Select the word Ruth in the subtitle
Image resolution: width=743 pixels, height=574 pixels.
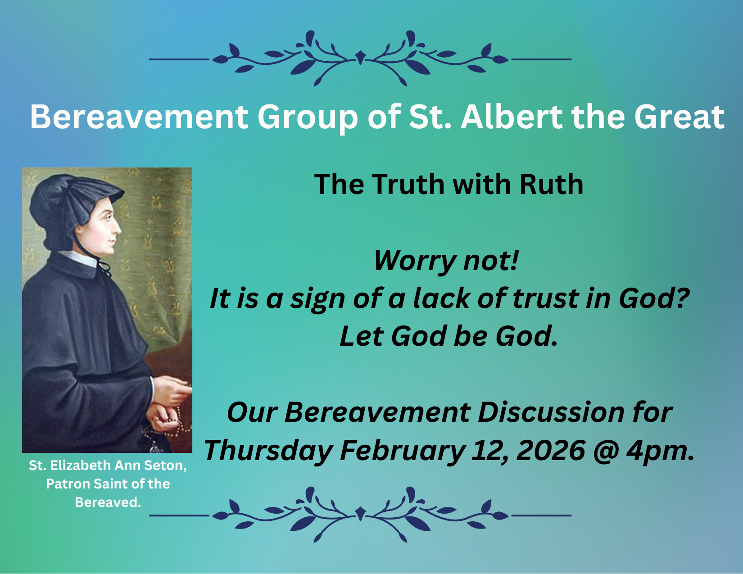coord(551,184)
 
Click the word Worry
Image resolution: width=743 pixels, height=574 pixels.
coord(414,261)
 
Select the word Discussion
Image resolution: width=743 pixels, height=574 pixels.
coord(551,412)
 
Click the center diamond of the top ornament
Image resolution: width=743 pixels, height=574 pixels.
coord(360,57)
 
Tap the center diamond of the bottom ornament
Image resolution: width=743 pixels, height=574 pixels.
coord(360,514)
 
